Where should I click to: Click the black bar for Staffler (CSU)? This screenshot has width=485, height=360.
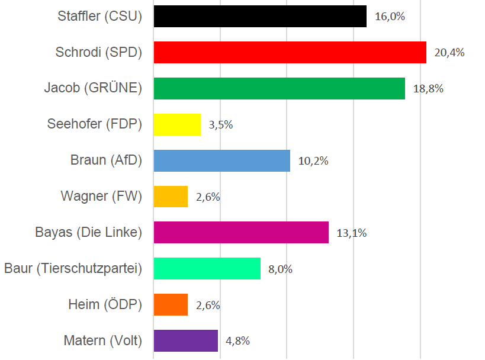point(260,16)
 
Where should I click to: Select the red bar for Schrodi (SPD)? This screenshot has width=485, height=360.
point(290,52)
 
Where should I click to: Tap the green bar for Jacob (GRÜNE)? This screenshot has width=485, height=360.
point(279,88)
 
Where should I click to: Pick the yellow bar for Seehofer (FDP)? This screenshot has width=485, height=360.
point(177,124)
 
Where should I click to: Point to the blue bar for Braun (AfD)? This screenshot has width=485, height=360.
point(221,160)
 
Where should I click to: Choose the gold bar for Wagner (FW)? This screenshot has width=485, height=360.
point(171,197)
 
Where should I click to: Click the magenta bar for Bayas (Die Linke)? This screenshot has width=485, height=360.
point(241,233)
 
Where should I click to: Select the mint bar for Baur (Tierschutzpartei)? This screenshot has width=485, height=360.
point(207,269)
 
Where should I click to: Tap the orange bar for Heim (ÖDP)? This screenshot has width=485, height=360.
point(171,305)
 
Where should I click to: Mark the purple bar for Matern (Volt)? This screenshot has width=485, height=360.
point(185,341)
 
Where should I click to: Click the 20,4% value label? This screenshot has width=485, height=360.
point(449,52)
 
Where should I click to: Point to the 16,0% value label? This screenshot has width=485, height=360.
point(390,16)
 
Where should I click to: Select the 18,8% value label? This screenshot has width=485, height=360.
point(428,89)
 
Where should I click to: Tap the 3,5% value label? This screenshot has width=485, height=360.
point(221,125)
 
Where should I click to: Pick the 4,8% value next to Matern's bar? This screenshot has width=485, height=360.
point(237,341)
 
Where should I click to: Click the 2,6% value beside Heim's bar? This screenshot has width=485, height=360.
point(208,306)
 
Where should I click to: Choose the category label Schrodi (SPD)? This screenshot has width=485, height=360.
point(99,52)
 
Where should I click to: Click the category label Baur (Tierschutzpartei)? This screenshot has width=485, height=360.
point(73,269)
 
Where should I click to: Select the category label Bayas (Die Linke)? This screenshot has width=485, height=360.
point(89,233)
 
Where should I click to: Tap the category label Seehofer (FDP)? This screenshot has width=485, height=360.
point(95,124)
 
